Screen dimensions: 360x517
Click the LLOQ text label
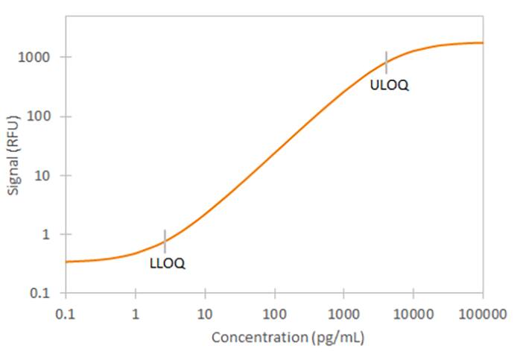[x=167, y=263]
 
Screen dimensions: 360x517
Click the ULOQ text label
[x=389, y=85]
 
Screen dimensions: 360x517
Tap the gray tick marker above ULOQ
[x=386, y=63]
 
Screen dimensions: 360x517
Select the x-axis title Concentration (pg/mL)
[x=288, y=337]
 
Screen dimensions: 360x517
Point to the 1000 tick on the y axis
[x=35, y=57]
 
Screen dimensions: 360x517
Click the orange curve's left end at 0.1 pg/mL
[x=66, y=262]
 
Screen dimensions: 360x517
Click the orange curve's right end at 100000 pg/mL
[x=482, y=42]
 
